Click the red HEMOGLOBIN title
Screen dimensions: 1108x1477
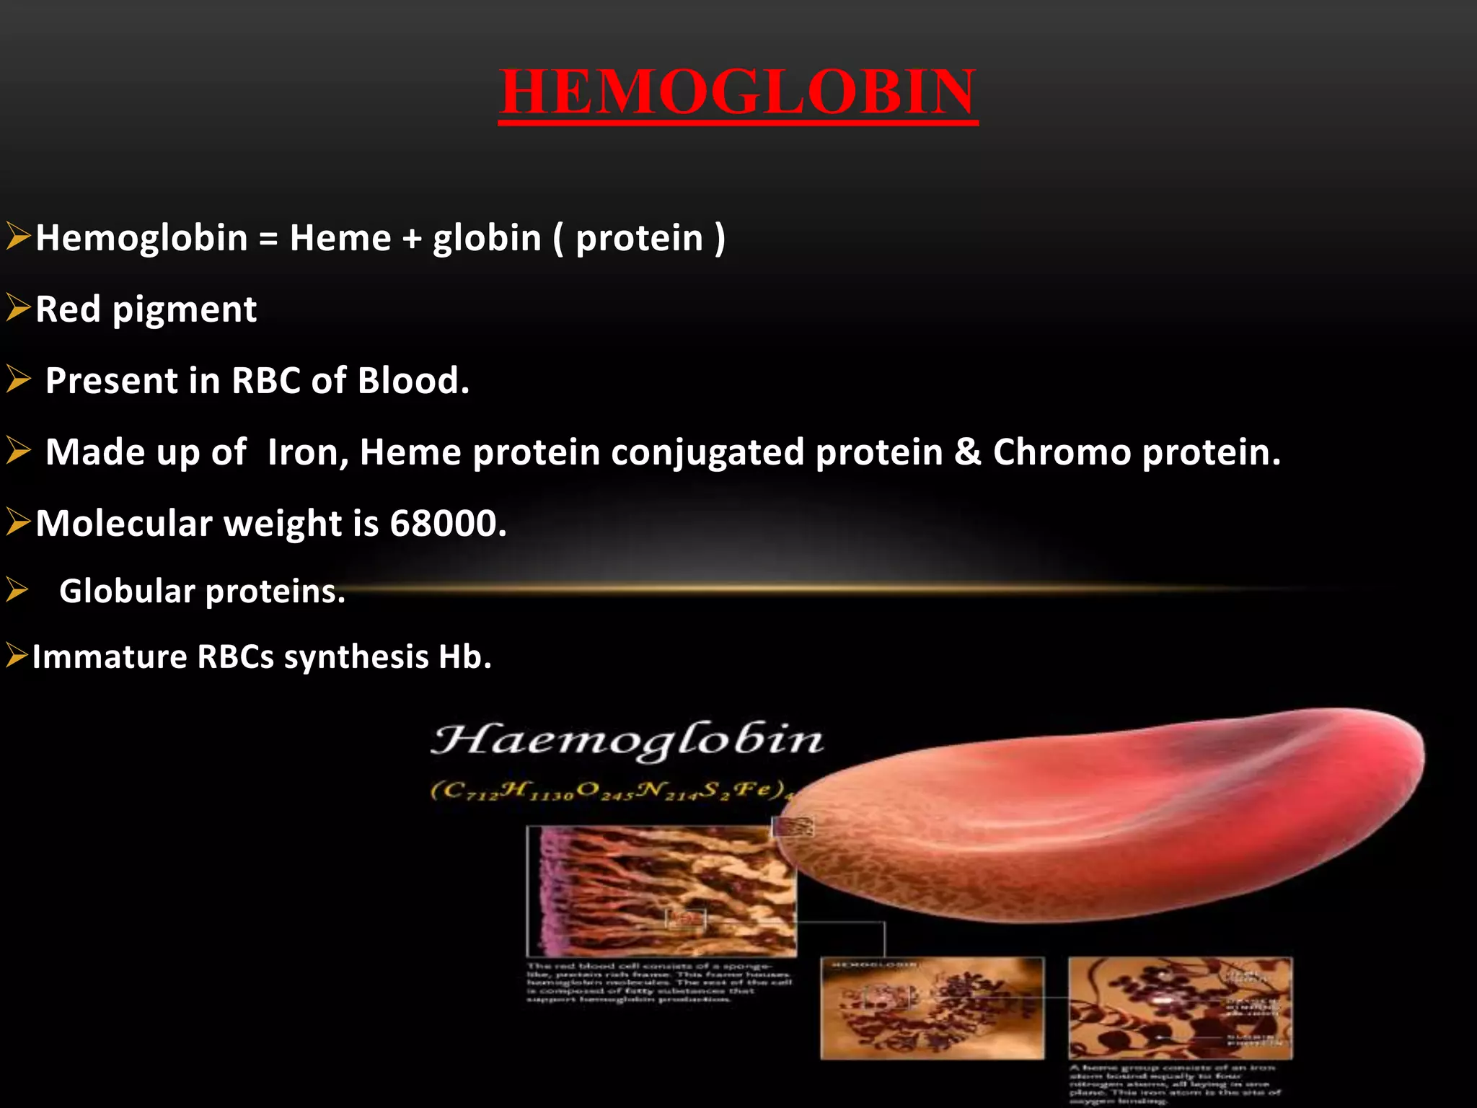[738, 92]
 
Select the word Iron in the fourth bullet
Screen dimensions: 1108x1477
[307, 452]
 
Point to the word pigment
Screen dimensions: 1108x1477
[185, 310]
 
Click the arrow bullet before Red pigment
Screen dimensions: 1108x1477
[18, 308]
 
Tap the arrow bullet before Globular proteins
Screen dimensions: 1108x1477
[17, 591]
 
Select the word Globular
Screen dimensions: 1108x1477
[127, 592]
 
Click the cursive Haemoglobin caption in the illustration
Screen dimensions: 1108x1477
[626, 741]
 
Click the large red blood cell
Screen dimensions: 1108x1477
[1125, 815]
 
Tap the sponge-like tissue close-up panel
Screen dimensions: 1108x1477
[661, 891]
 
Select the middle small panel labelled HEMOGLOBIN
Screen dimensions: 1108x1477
[932, 1008]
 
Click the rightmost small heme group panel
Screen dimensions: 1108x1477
[1180, 1008]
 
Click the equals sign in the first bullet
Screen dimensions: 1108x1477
[268, 239]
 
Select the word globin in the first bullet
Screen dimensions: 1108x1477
[487, 239]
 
